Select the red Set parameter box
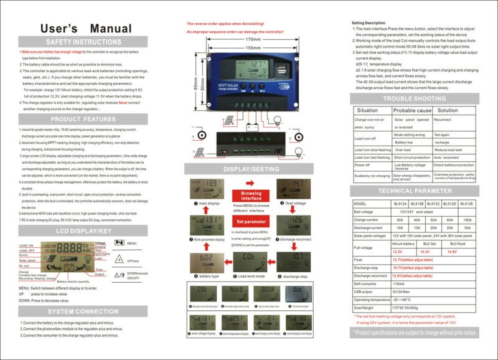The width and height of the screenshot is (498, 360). (251, 221)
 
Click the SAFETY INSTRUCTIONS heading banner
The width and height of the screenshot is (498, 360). (83, 42)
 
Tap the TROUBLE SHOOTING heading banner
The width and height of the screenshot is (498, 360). (413, 98)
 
